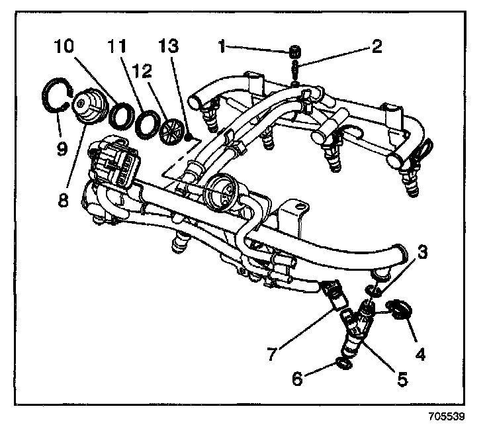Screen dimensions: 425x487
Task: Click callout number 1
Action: point(223,46)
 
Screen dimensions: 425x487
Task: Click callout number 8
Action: point(63,201)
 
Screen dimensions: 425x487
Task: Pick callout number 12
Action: point(141,69)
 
